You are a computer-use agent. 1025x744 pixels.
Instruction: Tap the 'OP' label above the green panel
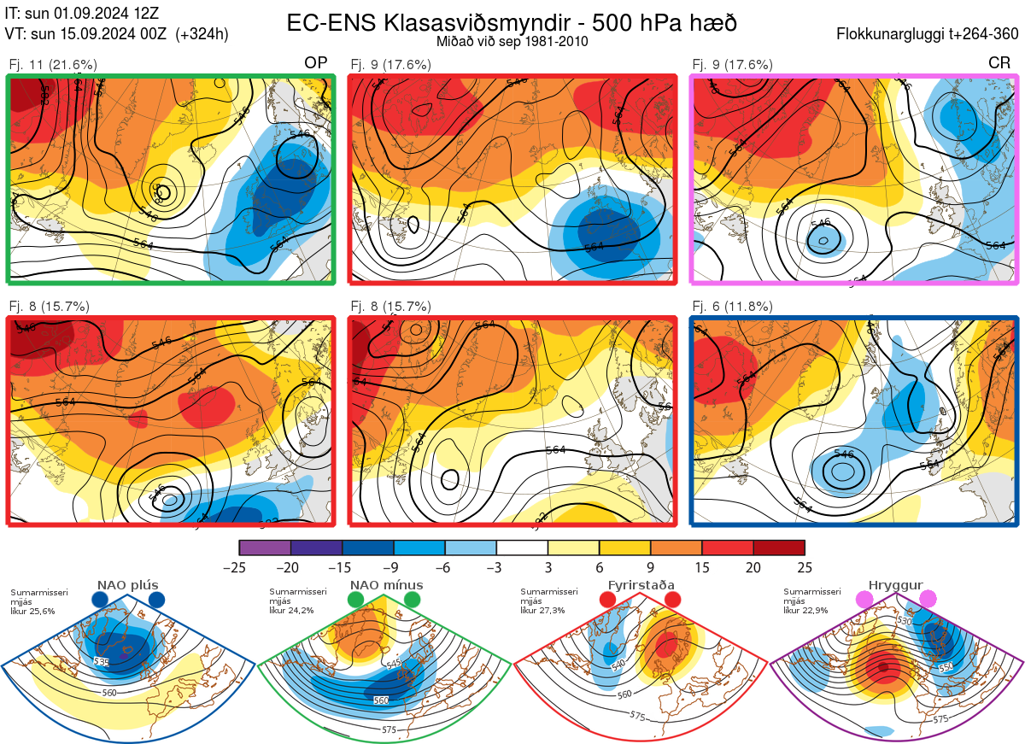click(x=316, y=63)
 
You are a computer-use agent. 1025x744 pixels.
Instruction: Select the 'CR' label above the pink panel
click(x=999, y=63)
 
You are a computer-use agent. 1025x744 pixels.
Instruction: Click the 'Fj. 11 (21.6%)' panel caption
click(x=53, y=64)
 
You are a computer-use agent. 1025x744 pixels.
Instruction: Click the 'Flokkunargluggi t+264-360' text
click(x=929, y=34)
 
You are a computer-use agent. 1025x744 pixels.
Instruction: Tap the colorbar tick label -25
click(x=240, y=566)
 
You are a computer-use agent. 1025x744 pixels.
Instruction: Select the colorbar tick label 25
click(x=804, y=566)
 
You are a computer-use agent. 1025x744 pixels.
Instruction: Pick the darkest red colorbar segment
click(x=778, y=548)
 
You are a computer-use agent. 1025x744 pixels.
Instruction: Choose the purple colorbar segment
click(x=266, y=548)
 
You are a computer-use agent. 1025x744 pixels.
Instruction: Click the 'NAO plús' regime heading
click(x=127, y=585)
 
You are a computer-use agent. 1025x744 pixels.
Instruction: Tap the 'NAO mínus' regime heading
click(x=386, y=585)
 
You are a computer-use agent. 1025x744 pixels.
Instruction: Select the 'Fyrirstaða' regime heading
click(x=641, y=585)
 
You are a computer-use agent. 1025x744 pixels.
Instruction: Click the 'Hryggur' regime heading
click(x=896, y=585)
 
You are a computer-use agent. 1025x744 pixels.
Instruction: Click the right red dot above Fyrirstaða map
click(x=672, y=600)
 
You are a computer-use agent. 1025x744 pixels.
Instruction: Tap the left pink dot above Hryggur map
click(x=864, y=600)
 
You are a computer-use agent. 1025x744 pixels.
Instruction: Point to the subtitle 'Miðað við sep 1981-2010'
click(x=512, y=41)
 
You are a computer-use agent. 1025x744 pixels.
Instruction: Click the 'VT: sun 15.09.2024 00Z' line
click(x=117, y=34)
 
